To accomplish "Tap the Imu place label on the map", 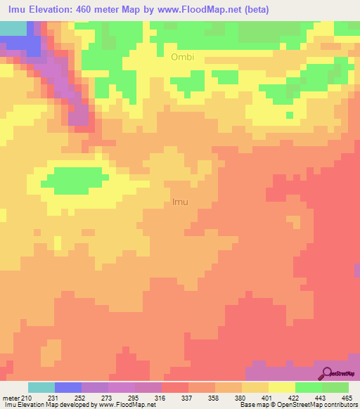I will pyautogui.click(x=180, y=202).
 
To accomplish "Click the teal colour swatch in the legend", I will pyautogui.click(x=41, y=387).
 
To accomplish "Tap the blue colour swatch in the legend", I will pyautogui.click(x=68, y=387).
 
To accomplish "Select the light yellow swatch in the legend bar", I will pyautogui.click(x=282, y=387).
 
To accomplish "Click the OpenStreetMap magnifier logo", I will pyautogui.click(x=326, y=373).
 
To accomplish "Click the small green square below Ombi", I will pyautogui.click(x=289, y=115).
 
